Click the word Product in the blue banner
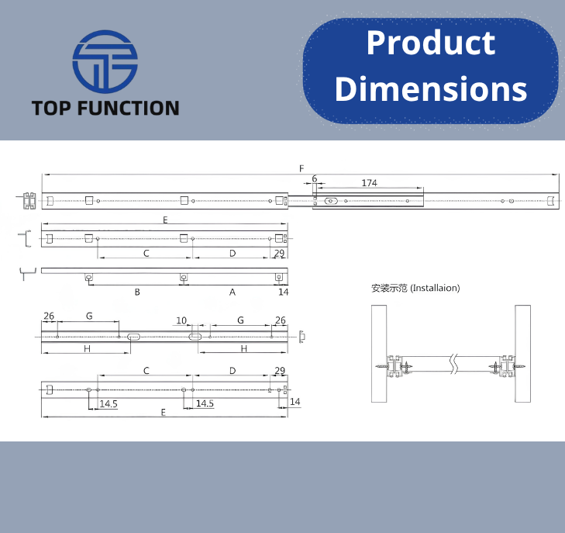[x=431, y=43]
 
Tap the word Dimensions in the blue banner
[x=431, y=88]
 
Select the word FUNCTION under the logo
[x=129, y=108]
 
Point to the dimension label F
[x=301, y=168]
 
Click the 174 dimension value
[x=370, y=183]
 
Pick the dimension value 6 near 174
[x=315, y=178]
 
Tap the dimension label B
[x=137, y=292]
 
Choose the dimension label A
[x=233, y=292]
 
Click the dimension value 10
[x=181, y=320]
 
